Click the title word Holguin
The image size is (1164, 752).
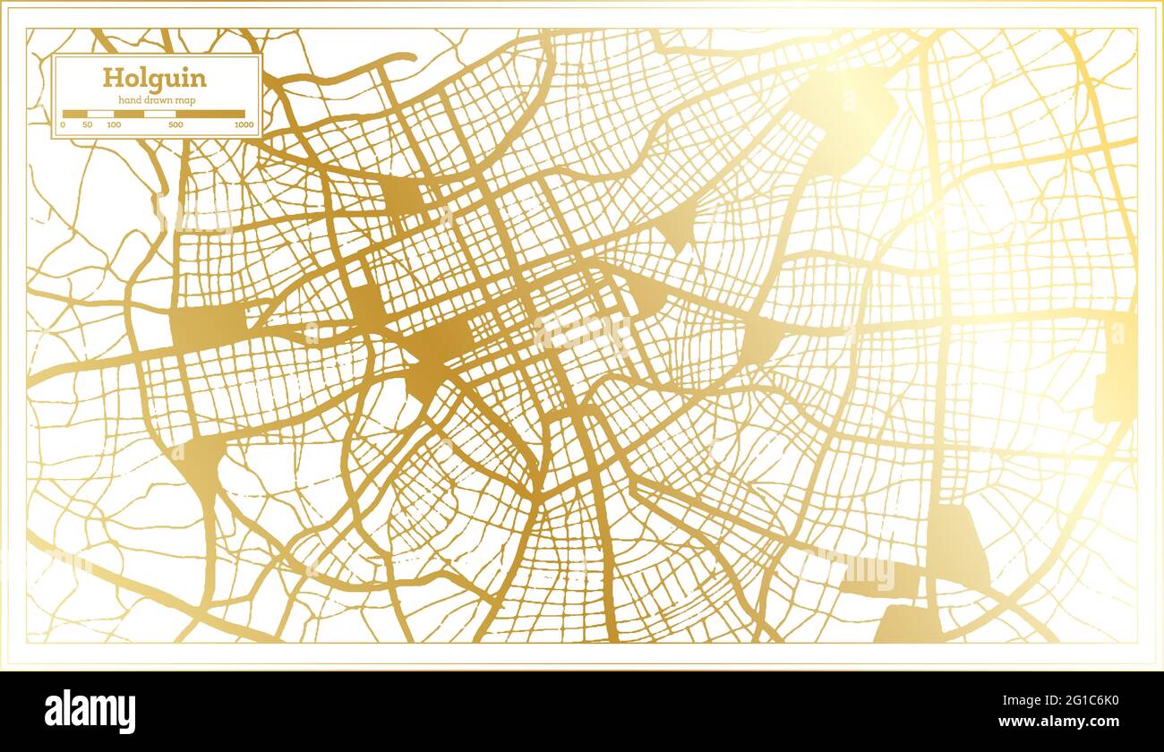point(154,78)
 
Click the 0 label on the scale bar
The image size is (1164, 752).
point(64,125)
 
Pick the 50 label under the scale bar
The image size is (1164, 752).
point(87,125)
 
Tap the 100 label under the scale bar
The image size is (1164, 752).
point(114,125)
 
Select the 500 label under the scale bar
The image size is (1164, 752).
point(175,125)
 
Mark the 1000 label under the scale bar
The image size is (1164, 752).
point(244,125)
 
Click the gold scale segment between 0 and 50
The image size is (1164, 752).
point(75,114)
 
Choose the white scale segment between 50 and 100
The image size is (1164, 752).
point(100,114)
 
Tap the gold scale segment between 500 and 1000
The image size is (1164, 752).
point(210,114)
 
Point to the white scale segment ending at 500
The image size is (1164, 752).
point(160,114)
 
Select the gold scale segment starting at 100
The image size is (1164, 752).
point(129,114)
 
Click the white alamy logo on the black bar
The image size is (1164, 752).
point(90,713)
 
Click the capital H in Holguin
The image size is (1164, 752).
point(112,77)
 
